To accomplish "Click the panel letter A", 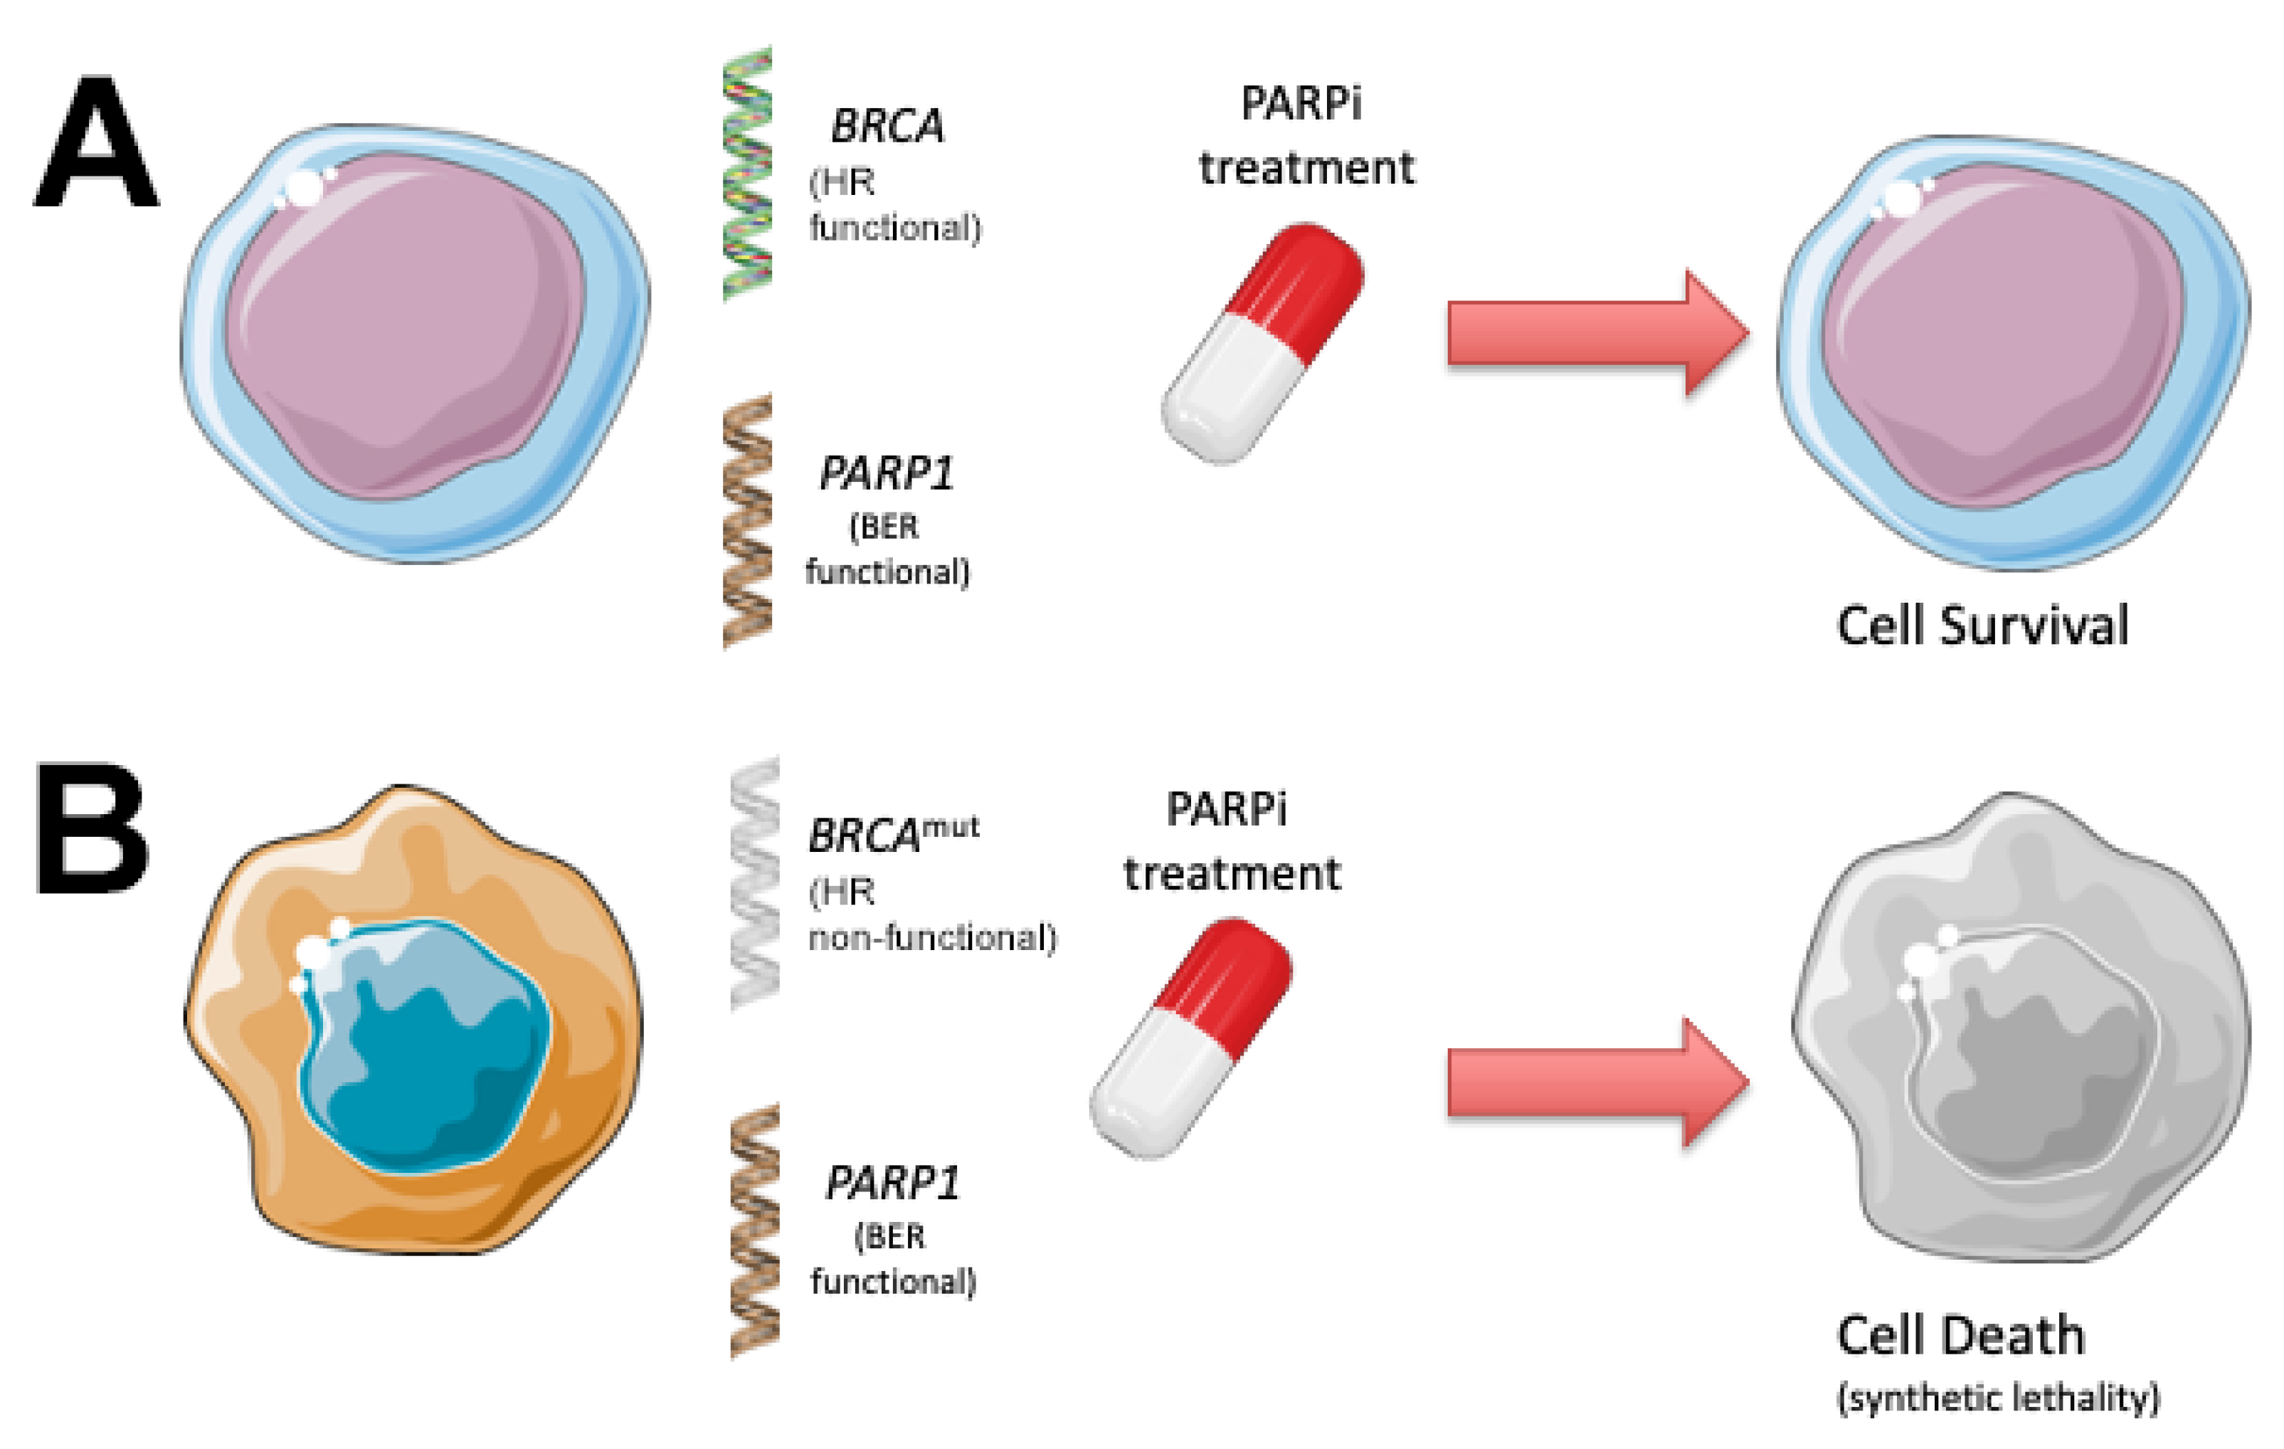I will [96, 144].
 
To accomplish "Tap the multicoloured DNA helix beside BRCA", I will [747, 174].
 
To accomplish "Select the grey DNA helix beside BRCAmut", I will [755, 882].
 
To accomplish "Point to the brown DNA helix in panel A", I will [747, 521].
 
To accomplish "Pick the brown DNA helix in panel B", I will [755, 1230].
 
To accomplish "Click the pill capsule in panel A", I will [1262, 344].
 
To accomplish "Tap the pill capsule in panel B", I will [1191, 1037].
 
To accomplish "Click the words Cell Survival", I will [1982, 626].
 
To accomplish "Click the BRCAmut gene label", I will [892, 835].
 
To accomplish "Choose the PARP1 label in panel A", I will [886, 473].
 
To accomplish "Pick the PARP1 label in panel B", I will [892, 1182].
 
